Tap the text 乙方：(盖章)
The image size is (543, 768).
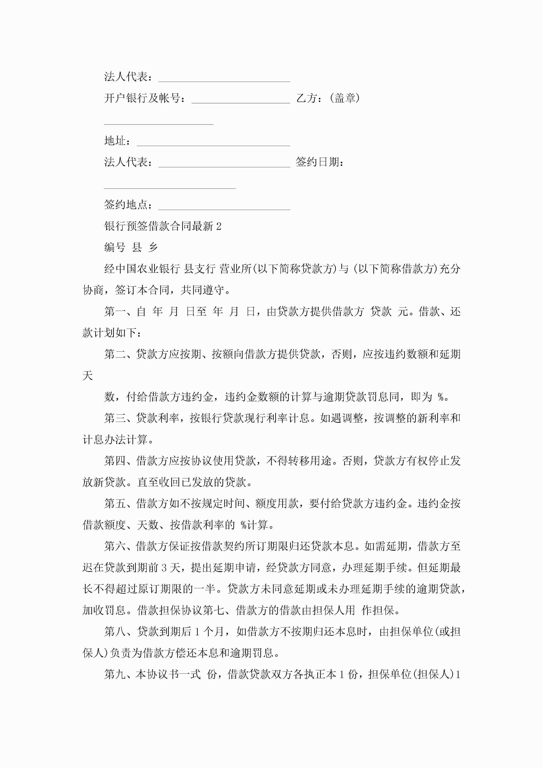[x=328, y=98]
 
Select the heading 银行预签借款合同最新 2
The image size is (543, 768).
[x=163, y=226]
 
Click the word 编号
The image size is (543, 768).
[x=115, y=248]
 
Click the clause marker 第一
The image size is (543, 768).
[x=115, y=312]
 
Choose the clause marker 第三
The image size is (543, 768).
[x=115, y=418]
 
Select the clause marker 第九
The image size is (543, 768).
[x=115, y=674]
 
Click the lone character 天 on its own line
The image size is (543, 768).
[x=88, y=376]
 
